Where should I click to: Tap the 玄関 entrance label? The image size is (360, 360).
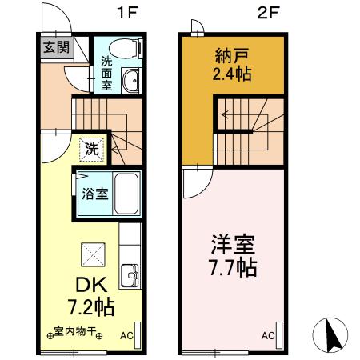(x=55, y=47)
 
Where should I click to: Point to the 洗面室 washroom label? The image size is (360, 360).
(x=107, y=73)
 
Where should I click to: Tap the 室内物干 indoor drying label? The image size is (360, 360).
(x=75, y=330)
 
